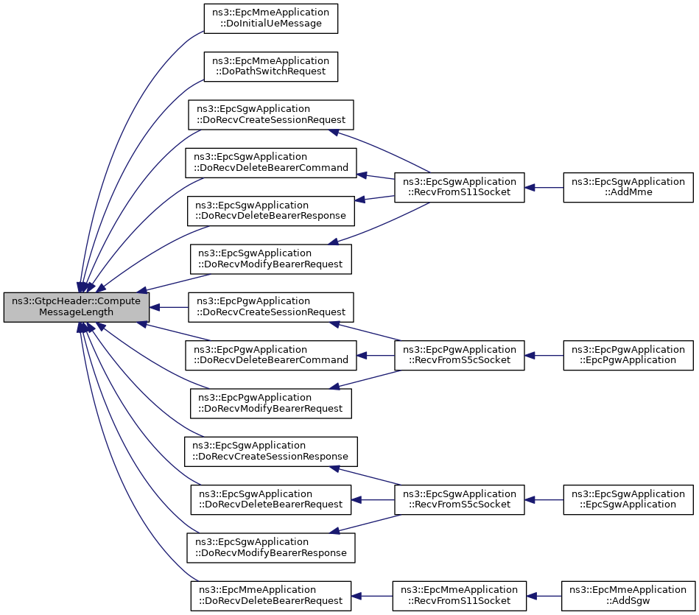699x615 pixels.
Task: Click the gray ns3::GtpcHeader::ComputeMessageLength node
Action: point(76,307)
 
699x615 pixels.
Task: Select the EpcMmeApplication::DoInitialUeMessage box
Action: point(270,18)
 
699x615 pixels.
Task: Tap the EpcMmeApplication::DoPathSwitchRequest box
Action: point(270,66)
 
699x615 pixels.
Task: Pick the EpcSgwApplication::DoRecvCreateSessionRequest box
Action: point(270,115)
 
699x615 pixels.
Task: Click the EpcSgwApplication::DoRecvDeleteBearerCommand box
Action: point(270,163)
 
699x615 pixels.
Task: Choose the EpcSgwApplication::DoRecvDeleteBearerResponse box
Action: point(270,211)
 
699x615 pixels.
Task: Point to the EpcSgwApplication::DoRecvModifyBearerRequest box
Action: point(270,259)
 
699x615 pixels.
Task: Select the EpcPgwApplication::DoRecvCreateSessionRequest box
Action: point(270,307)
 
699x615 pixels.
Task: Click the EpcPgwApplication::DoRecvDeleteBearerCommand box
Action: point(270,355)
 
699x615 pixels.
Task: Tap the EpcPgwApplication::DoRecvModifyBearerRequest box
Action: point(270,404)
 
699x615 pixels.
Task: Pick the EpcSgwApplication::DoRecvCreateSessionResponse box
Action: point(270,451)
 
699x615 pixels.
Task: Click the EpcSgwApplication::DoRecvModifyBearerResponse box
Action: point(270,548)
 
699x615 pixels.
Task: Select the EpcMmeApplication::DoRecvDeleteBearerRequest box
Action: point(270,596)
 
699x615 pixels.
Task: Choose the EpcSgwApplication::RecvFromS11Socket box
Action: point(459,187)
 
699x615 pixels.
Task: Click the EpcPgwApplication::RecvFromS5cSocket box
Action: point(459,355)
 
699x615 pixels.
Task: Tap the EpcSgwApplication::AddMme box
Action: point(628,187)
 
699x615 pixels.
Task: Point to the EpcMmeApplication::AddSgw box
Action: point(628,596)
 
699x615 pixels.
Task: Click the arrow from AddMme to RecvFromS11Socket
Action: point(544,188)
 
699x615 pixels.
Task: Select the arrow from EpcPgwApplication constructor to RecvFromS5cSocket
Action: point(544,356)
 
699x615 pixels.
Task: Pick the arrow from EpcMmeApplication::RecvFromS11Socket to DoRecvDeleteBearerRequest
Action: point(372,597)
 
